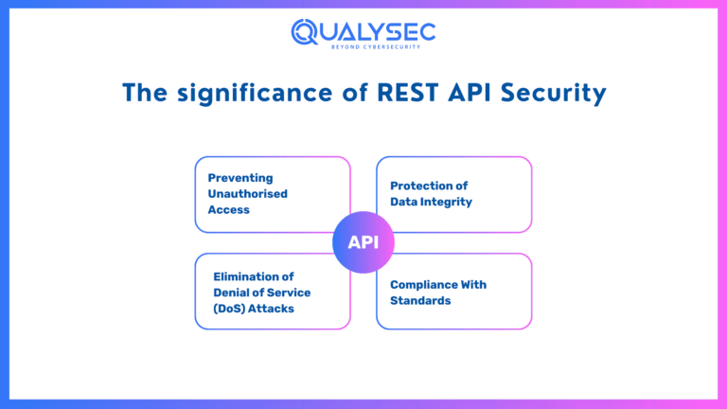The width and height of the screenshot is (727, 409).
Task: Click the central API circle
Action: pyautogui.click(x=363, y=242)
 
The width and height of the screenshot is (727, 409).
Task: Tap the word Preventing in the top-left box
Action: pyautogui.click(x=240, y=177)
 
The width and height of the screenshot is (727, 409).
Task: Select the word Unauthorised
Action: pyautogui.click(x=248, y=193)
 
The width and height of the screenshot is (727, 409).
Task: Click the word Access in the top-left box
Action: pyautogui.click(x=229, y=209)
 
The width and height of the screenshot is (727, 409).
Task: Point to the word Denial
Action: pyautogui.click(x=233, y=292)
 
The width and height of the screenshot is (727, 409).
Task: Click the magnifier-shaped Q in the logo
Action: pyautogui.click(x=306, y=32)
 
